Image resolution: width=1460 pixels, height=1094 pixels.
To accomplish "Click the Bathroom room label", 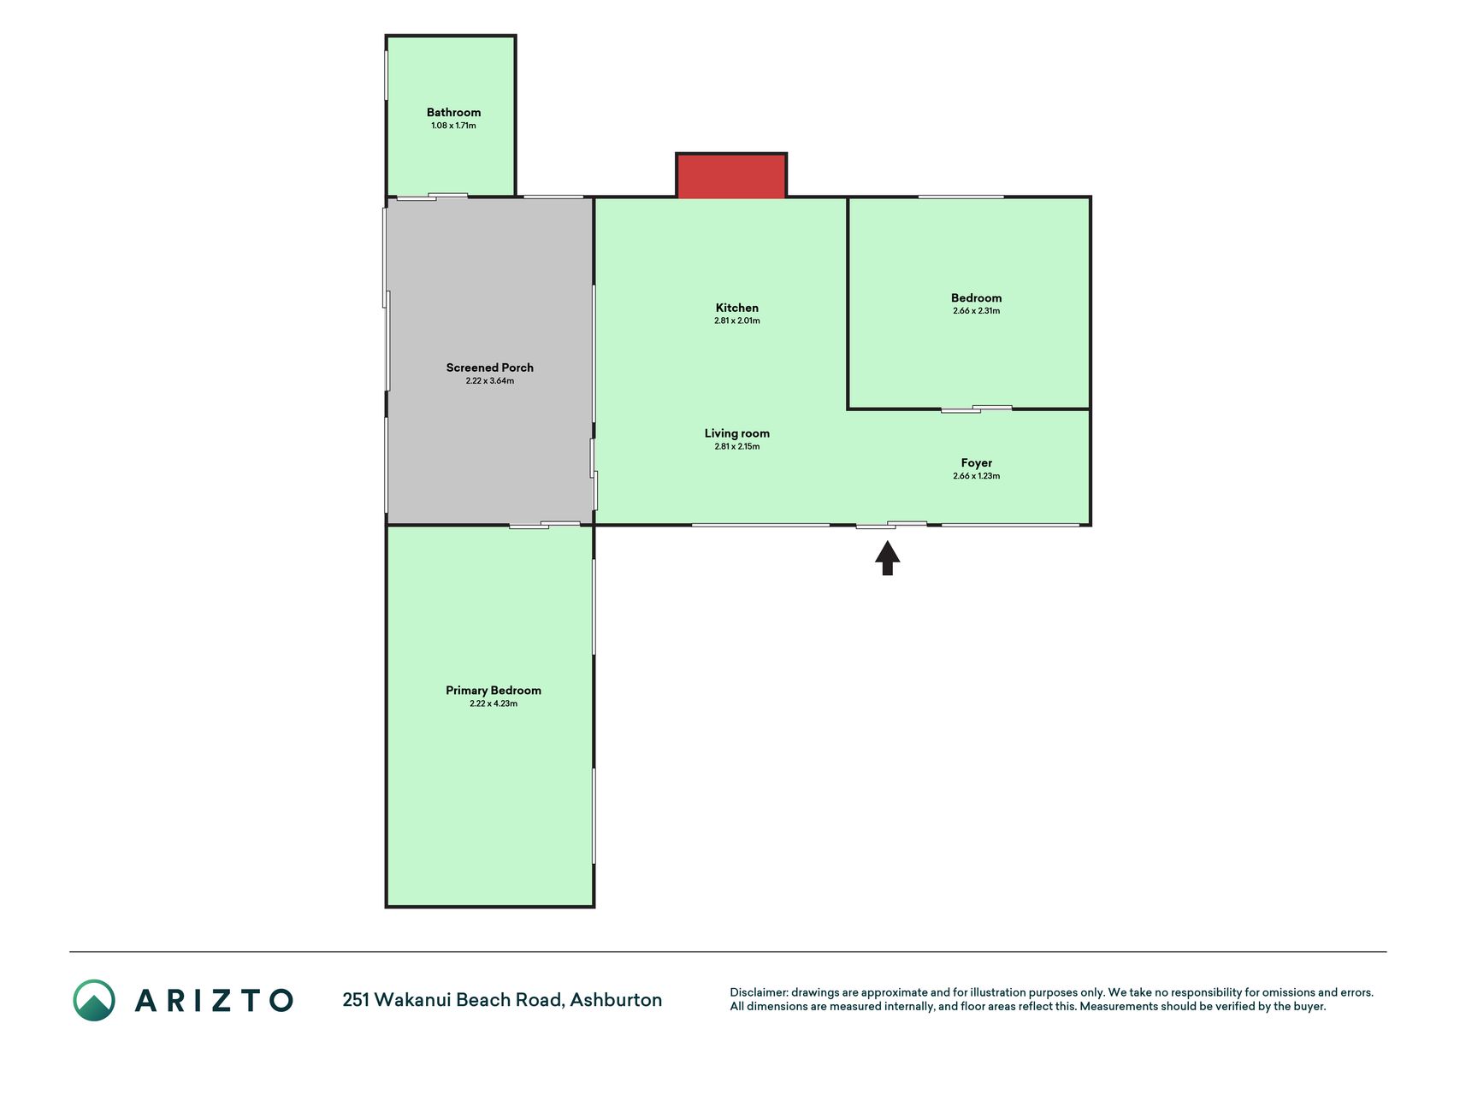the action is pyautogui.click(x=453, y=112).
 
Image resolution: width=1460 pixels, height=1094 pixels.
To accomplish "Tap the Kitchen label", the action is pyautogui.click(x=737, y=308).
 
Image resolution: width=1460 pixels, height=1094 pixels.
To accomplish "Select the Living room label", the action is pyautogui.click(x=737, y=433).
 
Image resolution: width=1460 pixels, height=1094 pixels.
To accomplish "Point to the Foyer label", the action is pyautogui.click(x=976, y=463).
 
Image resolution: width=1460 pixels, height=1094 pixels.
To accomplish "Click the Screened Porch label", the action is pyautogui.click(x=490, y=368).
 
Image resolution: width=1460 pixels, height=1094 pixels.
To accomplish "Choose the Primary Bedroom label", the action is pyautogui.click(x=494, y=691).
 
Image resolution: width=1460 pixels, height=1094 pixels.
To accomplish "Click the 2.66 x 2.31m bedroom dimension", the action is pyautogui.click(x=976, y=311).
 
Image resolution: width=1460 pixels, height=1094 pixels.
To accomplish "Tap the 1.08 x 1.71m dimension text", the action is pyautogui.click(x=453, y=126).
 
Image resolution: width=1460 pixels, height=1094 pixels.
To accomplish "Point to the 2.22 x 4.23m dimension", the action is pyautogui.click(x=494, y=703).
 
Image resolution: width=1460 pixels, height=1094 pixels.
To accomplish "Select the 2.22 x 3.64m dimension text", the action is pyautogui.click(x=490, y=381).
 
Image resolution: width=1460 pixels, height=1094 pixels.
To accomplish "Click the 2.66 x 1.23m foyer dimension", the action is pyautogui.click(x=976, y=476).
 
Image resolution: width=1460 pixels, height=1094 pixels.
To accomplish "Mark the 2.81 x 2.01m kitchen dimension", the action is pyautogui.click(x=737, y=321).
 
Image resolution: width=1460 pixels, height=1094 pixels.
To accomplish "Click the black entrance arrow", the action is pyautogui.click(x=888, y=558).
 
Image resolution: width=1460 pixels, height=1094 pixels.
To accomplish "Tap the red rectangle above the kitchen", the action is pyautogui.click(x=731, y=176).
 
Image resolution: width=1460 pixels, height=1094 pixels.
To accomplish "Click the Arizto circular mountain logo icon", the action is pyautogui.click(x=94, y=1000).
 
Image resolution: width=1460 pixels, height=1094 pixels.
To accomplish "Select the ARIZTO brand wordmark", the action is pyautogui.click(x=214, y=1000).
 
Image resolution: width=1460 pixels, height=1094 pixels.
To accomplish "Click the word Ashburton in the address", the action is pyautogui.click(x=616, y=1000).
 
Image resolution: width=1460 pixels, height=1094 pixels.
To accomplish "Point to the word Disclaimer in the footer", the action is pyautogui.click(x=759, y=992).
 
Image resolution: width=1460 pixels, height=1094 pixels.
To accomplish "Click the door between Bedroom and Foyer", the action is pyautogui.click(x=976, y=409).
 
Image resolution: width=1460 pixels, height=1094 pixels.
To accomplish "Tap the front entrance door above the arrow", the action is pyautogui.click(x=891, y=525).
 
